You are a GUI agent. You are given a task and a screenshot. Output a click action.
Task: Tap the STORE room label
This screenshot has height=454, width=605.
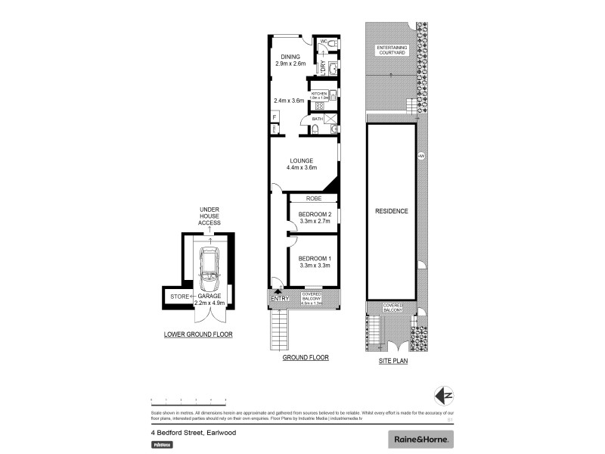tap(178, 296)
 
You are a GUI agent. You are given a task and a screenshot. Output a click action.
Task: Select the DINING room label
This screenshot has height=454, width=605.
tap(291, 57)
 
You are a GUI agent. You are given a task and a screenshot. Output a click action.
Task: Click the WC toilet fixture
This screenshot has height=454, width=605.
tap(331, 46)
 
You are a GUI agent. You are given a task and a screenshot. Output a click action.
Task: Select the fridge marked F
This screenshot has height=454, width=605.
tap(274, 117)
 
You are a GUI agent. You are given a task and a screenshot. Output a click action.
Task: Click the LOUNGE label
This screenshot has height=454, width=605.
tap(301, 160)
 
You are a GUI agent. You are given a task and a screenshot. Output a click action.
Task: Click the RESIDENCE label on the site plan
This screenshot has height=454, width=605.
tap(391, 211)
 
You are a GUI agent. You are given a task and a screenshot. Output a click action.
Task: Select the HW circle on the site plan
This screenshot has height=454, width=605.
tap(420, 156)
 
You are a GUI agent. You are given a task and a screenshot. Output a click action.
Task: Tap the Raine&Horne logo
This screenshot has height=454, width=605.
tap(420, 439)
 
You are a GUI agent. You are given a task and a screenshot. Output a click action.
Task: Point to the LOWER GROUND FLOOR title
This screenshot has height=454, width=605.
tap(198, 334)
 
